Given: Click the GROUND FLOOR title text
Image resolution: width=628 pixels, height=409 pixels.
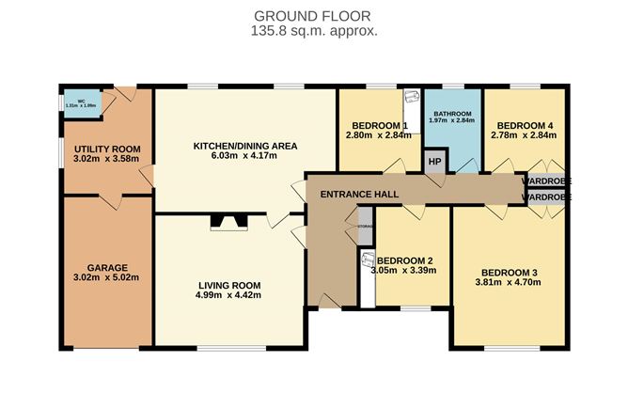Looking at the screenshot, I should pyautogui.click(x=314, y=16).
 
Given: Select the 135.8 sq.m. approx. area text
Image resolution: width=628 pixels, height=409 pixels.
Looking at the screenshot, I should pyautogui.click(x=314, y=31).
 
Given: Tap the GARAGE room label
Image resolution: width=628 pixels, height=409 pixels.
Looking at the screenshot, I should pyautogui.click(x=107, y=268).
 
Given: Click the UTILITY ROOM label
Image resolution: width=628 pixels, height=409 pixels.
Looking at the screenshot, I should pyautogui.click(x=108, y=149).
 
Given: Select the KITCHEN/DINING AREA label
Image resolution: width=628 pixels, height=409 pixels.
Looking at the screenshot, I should pyautogui.click(x=244, y=146).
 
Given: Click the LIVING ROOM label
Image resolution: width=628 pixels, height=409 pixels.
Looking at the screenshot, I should pyautogui.click(x=229, y=285).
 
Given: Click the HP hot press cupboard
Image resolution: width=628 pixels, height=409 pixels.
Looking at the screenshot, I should pyautogui.click(x=434, y=161).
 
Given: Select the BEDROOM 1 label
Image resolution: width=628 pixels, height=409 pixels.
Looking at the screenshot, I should pyautogui.click(x=379, y=126).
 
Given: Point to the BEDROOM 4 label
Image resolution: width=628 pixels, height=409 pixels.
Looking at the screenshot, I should pyautogui.click(x=524, y=126).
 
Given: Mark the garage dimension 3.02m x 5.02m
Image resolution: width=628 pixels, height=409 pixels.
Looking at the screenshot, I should pyautogui.click(x=107, y=279).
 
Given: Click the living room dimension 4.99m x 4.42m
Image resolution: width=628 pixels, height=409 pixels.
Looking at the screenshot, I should pyautogui.click(x=229, y=296).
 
